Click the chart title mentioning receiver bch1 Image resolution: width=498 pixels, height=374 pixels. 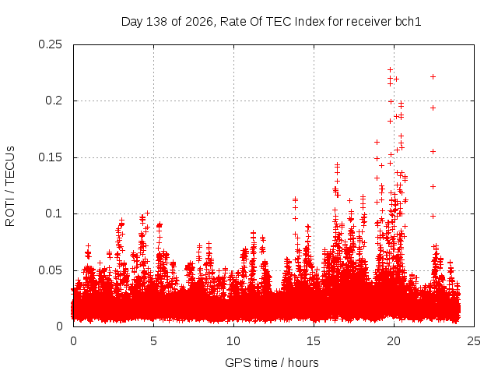[272, 22]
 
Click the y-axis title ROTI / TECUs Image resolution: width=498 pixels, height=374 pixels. [10, 186]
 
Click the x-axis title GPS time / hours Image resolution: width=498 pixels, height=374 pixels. [272, 362]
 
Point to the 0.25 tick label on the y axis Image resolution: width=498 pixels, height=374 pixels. [50, 44]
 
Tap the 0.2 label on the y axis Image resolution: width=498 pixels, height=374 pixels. [54, 101]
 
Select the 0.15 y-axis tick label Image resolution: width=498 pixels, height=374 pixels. [50, 157]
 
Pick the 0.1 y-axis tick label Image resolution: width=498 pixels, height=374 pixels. [54, 213]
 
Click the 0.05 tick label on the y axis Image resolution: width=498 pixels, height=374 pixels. [50, 270]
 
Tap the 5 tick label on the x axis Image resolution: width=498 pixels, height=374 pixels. [154, 341]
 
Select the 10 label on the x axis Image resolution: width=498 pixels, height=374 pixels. [233, 341]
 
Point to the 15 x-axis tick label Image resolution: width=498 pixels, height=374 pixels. [314, 341]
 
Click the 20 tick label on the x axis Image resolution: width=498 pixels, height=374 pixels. [394, 341]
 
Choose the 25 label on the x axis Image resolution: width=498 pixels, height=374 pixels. [474, 341]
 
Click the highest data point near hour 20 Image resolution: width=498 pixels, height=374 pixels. [391, 69]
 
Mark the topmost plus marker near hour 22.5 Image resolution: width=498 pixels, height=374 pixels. [433, 76]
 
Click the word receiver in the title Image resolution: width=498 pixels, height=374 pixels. [369, 22]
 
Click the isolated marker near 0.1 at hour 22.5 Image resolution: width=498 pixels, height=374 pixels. [433, 217]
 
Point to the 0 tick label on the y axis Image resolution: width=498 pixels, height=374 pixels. [59, 326]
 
